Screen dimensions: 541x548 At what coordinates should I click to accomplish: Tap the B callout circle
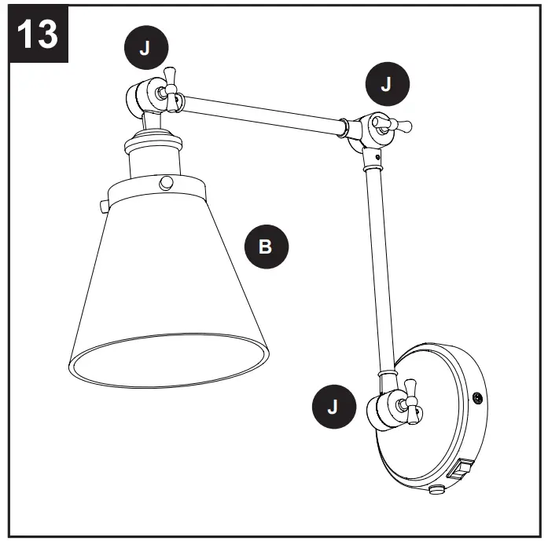tap(265, 247)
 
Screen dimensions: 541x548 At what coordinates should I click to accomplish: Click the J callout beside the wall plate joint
tap(332, 406)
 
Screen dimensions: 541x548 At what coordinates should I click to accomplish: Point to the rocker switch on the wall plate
tap(459, 471)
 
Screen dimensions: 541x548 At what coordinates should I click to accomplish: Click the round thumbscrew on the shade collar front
tap(166, 183)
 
